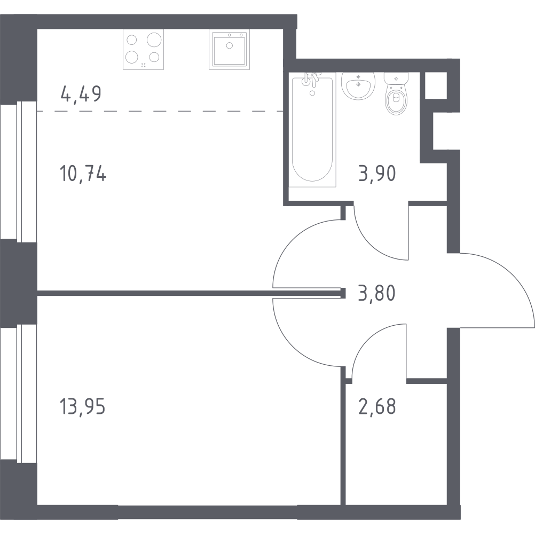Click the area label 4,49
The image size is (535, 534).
tap(81, 94)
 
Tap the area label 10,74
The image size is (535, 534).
tap(83, 173)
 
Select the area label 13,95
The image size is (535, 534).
tap(83, 406)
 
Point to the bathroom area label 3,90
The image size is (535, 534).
tap(377, 173)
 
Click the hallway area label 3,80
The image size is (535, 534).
tap(377, 293)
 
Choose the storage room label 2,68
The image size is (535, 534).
tap(377, 406)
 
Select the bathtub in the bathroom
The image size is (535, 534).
tap(312, 130)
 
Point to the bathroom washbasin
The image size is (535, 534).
tap(358, 85)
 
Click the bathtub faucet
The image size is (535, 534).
tap(312, 80)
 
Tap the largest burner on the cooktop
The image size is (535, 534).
tap(154, 40)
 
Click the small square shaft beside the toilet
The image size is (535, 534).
tap(436, 85)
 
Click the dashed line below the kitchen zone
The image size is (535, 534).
tap(160, 111)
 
